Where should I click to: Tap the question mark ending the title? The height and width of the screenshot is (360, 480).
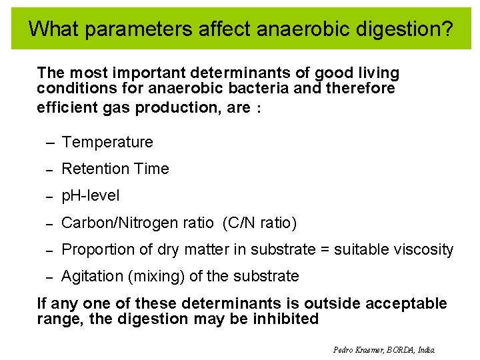(x=447, y=29)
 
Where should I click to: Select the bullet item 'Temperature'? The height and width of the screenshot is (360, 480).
(x=107, y=142)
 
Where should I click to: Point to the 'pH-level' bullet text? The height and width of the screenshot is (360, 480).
(x=91, y=196)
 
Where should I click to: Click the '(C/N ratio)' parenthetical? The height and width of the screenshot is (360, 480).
(x=261, y=223)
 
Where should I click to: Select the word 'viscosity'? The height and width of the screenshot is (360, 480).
(x=422, y=249)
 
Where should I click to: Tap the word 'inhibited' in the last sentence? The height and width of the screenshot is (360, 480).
(x=286, y=319)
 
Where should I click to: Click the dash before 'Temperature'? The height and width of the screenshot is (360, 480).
(x=49, y=143)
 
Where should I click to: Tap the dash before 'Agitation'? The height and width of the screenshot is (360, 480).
(x=49, y=277)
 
